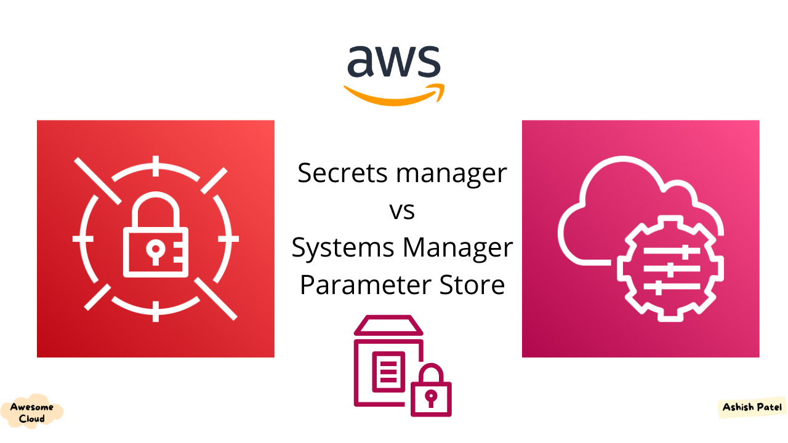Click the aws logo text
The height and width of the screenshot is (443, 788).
(x=393, y=62)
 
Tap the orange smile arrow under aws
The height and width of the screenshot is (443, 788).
(x=394, y=95)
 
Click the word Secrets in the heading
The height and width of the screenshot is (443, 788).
(x=342, y=173)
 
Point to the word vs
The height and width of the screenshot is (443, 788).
(x=402, y=211)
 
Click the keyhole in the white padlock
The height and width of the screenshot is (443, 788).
(x=156, y=249)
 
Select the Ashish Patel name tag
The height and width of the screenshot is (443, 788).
(x=752, y=408)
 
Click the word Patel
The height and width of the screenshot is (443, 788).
(x=770, y=407)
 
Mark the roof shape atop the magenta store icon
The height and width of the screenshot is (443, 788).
(x=388, y=325)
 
